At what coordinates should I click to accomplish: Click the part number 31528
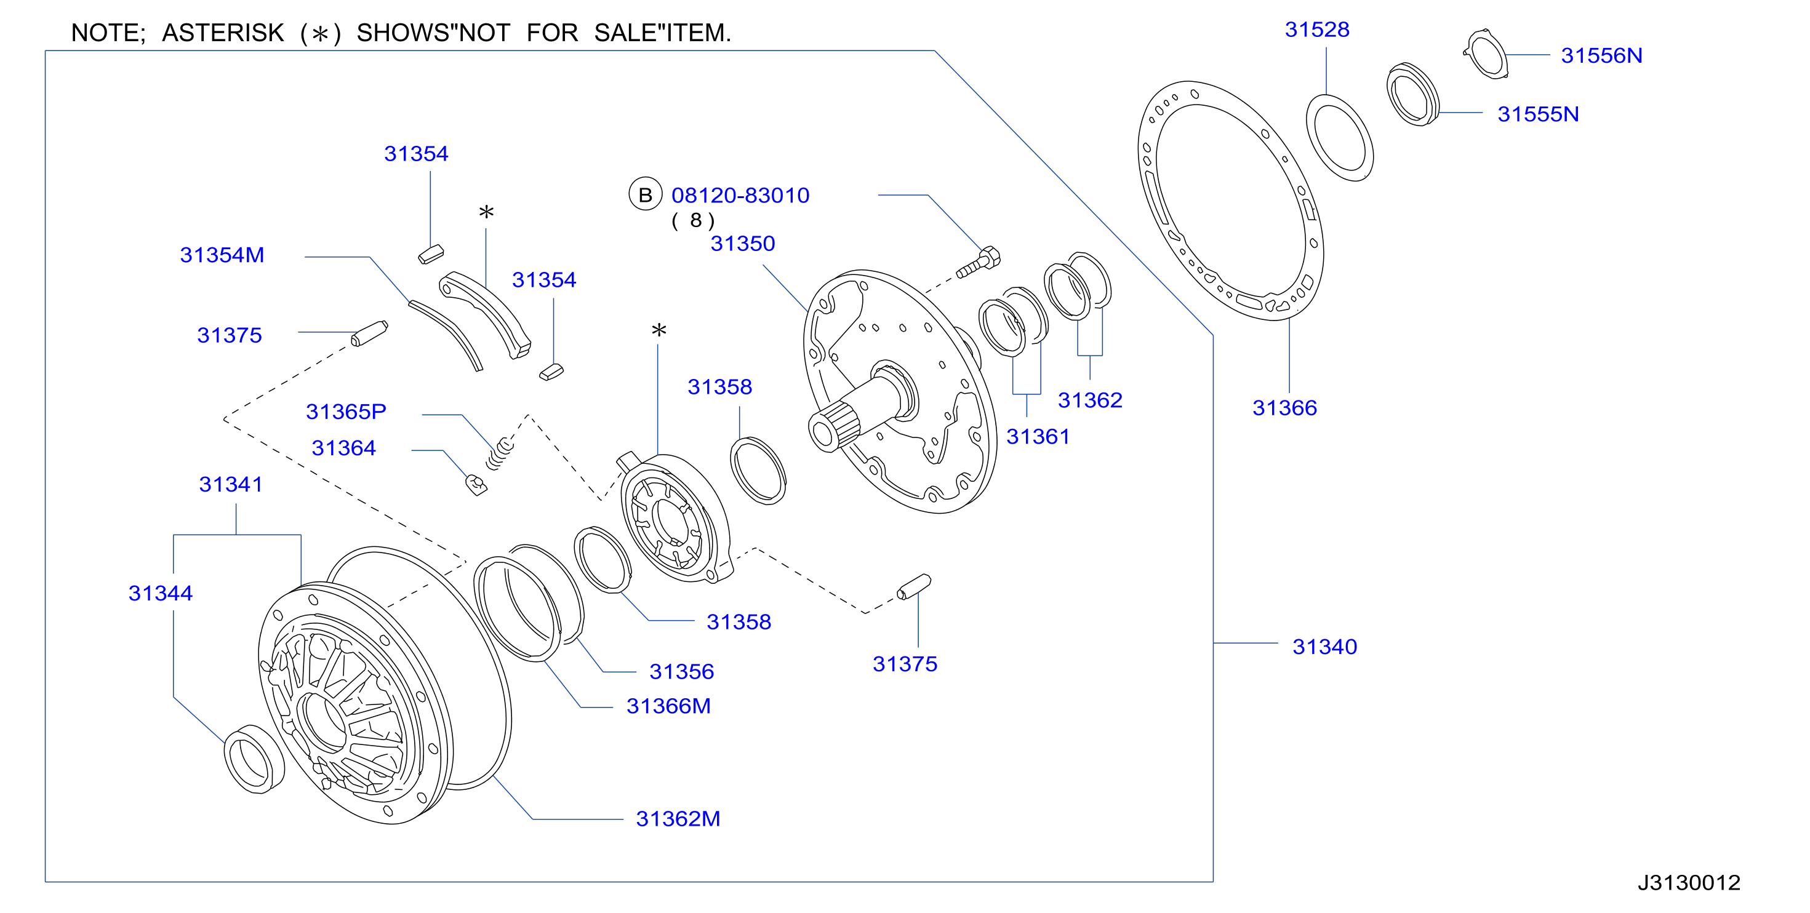1317,30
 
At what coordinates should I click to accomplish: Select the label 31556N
1601,55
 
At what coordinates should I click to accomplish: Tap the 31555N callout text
1538,114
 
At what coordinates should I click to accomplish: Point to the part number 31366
1284,407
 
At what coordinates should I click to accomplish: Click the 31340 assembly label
1324,646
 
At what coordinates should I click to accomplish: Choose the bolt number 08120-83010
740,195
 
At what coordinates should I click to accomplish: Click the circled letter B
645,194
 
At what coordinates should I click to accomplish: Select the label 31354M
222,255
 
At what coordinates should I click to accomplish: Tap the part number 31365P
346,412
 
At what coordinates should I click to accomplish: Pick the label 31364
343,448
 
